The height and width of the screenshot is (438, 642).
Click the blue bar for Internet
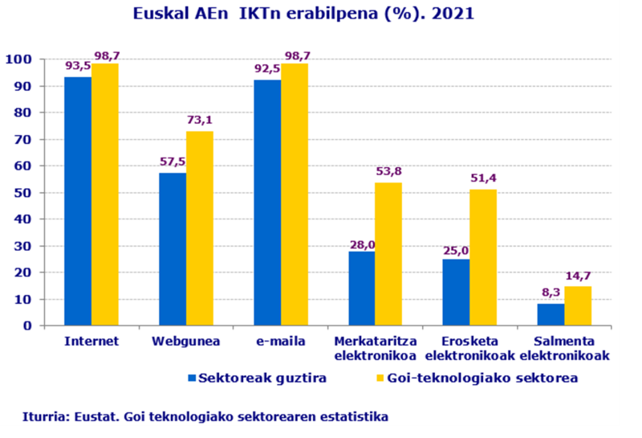78,201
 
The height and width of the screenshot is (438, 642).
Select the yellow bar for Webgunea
200,228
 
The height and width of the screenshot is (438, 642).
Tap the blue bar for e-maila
267,203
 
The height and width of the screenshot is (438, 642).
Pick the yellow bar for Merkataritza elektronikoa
388,254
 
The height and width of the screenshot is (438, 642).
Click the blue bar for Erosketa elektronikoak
457,292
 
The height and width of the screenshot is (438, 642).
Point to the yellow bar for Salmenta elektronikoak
578,306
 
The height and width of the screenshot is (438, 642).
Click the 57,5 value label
173,161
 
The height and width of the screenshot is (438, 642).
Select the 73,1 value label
200,121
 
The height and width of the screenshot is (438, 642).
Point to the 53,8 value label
388,171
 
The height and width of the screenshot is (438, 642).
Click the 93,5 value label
79,65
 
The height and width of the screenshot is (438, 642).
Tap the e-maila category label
280,341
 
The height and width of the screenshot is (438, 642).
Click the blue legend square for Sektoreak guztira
191,378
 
